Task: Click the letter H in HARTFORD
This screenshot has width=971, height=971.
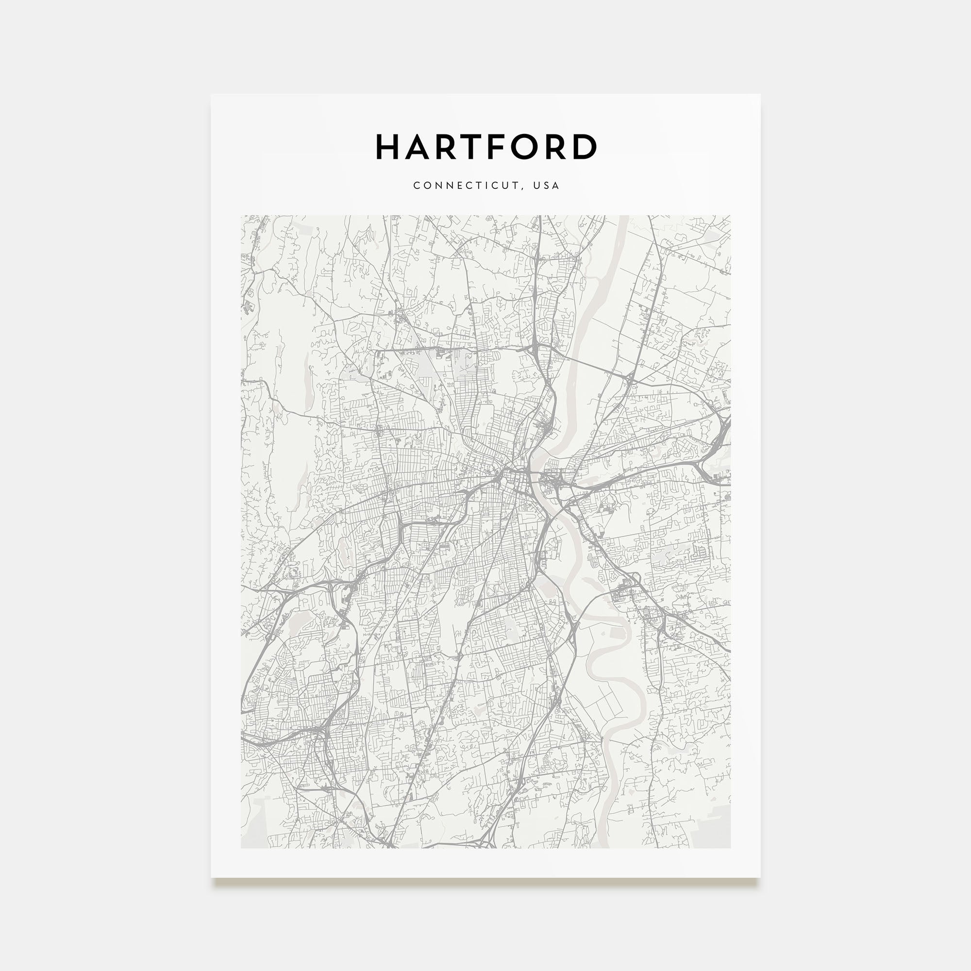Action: click(388, 147)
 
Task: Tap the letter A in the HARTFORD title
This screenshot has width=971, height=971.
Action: click(417, 147)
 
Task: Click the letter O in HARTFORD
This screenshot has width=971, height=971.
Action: click(525, 147)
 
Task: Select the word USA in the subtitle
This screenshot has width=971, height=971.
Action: click(546, 185)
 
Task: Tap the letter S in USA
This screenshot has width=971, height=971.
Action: click(546, 185)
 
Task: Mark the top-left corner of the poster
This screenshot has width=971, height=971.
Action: click(212, 95)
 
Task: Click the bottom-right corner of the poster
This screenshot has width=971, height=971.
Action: click(759, 877)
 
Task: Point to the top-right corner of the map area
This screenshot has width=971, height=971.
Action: click(730, 216)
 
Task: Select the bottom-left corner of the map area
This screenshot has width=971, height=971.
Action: click(241, 848)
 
